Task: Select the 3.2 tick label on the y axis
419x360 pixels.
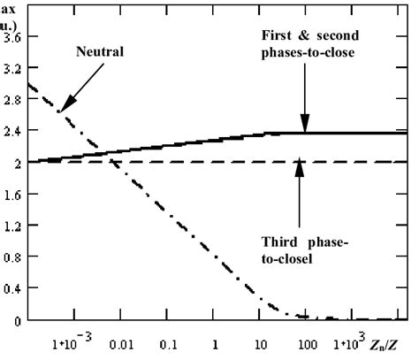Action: [x=13, y=68]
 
